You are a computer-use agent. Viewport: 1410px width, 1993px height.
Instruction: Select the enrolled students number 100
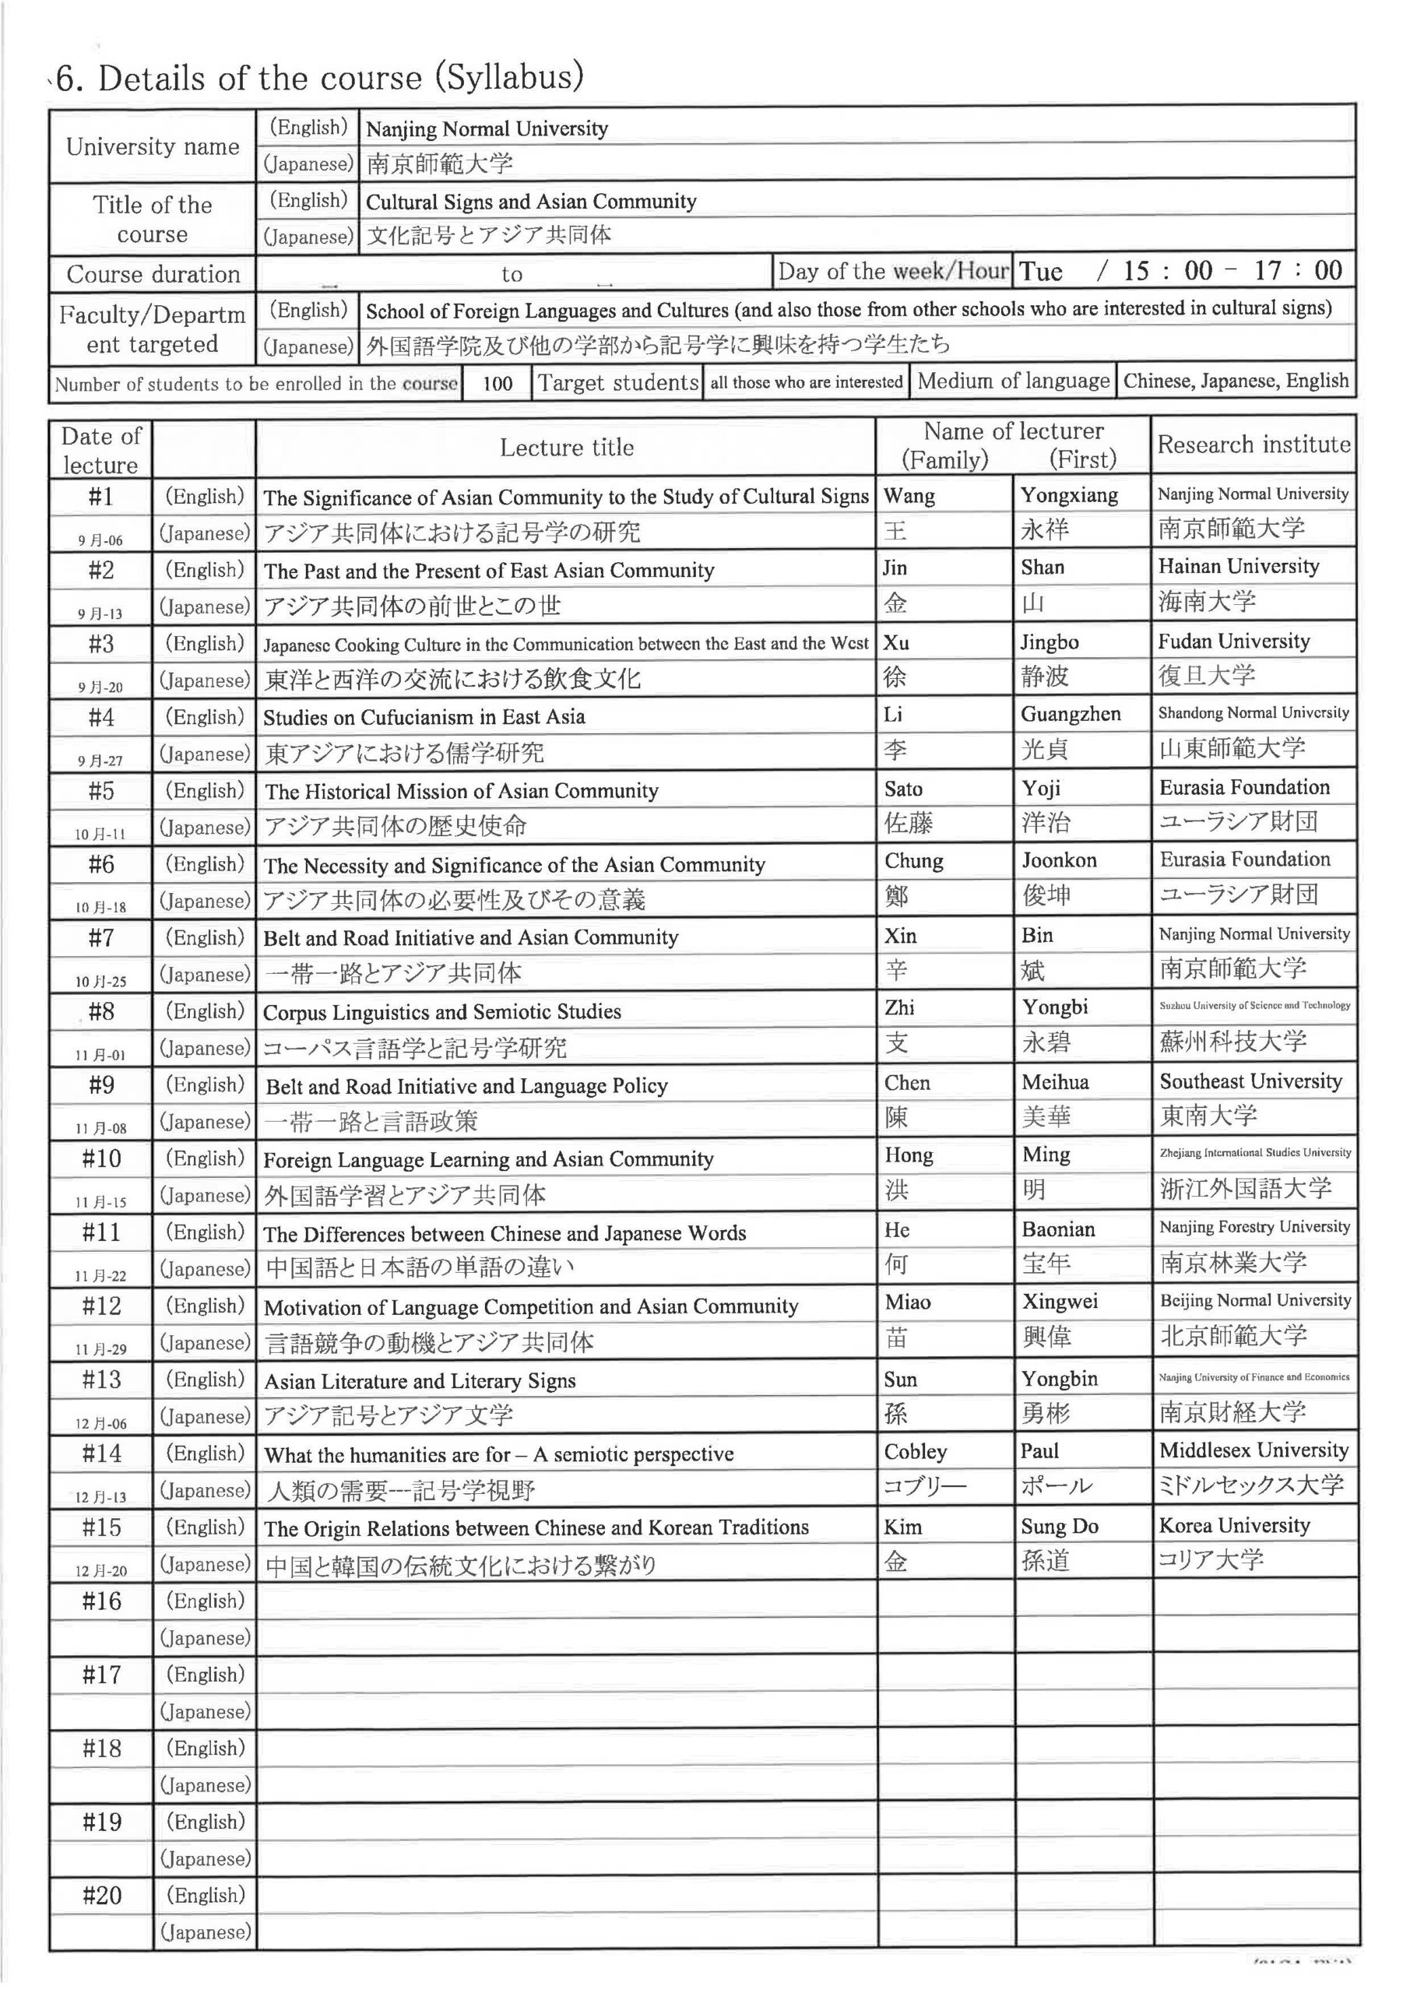(497, 383)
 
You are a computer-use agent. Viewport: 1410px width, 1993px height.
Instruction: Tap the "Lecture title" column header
(566, 448)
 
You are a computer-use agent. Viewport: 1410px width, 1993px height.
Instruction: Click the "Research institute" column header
(1253, 445)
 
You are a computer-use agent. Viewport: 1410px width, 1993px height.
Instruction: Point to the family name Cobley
(915, 1451)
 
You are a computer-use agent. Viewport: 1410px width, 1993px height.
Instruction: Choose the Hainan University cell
(1238, 567)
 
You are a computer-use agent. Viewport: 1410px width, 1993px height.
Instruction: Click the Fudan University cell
(1233, 641)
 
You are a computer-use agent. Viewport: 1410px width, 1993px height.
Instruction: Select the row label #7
(100, 937)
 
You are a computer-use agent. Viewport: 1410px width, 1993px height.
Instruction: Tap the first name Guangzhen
(1070, 715)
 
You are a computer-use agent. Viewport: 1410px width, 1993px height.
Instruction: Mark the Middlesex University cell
(1253, 1450)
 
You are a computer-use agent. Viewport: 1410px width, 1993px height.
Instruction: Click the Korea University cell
(1234, 1525)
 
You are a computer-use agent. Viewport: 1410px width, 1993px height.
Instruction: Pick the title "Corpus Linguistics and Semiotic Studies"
(442, 1012)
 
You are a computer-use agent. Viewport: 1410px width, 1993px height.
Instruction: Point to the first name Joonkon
(1058, 860)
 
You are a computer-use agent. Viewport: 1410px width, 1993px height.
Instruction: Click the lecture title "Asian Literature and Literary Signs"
(420, 1381)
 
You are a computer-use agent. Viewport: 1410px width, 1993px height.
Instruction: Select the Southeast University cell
(1250, 1081)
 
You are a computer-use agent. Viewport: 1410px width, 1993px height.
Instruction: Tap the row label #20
(100, 1896)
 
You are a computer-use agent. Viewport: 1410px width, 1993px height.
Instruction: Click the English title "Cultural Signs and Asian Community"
(530, 202)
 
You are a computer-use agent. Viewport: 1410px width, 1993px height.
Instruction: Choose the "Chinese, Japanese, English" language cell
(1236, 381)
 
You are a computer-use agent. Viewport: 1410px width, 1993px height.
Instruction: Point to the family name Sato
(903, 789)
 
